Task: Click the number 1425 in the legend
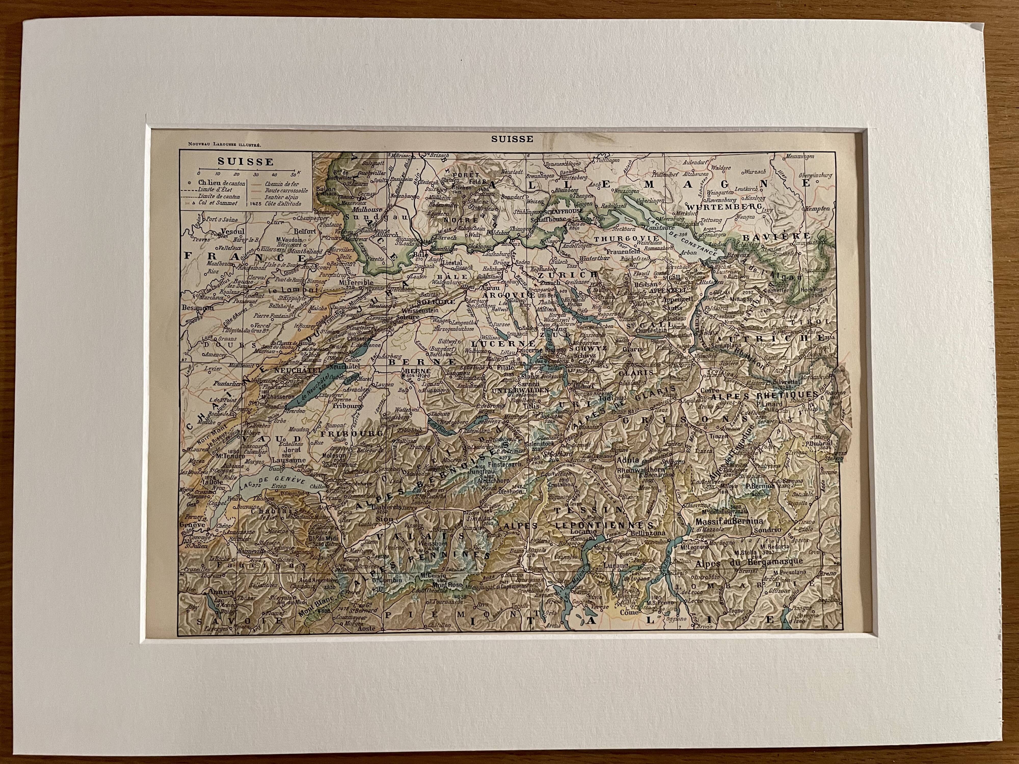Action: tap(256, 203)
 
